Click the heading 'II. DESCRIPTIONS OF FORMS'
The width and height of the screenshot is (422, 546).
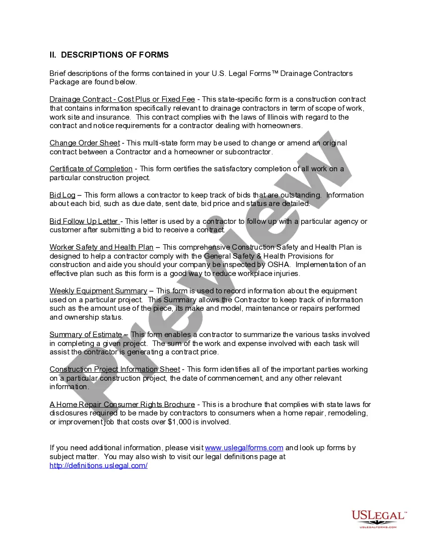coord(109,55)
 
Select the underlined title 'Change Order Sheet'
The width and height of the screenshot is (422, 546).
coord(84,143)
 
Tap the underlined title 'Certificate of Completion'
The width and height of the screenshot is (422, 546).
coord(91,169)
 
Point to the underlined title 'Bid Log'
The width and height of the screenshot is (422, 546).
coord(62,195)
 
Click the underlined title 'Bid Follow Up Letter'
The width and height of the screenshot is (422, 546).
coord(84,221)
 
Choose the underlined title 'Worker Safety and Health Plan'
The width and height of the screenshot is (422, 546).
coord(101,247)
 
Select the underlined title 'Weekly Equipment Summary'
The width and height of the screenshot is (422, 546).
coord(98,291)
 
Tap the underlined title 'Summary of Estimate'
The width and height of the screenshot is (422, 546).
coord(85,335)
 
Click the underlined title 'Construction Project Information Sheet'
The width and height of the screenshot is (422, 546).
coord(115,369)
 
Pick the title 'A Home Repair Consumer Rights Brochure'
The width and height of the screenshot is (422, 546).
coord(122,405)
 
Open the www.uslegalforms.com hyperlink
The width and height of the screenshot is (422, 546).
coord(244,448)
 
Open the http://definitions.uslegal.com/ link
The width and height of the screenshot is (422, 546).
coord(98,466)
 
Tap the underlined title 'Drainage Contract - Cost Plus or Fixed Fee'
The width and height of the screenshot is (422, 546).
coord(122,99)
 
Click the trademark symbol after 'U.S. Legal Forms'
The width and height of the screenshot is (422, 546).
coord(275,73)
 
